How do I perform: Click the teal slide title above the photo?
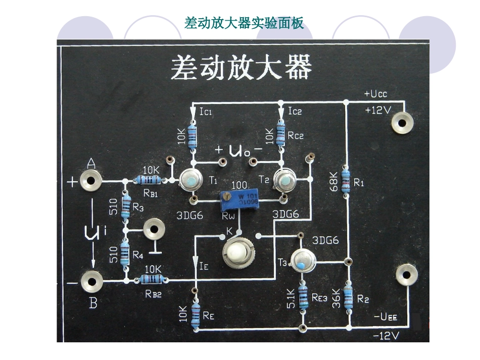[x=245, y=23]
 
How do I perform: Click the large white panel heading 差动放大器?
[x=241, y=67]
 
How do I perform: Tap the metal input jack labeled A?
[x=91, y=180]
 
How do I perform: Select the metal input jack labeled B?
[x=91, y=281]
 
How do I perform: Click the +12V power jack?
[x=403, y=123]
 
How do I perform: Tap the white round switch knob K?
[x=236, y=251]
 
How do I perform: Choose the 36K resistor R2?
[x=348, y=297]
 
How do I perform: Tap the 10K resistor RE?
[x=196, y=312]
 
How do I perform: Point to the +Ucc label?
[x=375, y=94]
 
